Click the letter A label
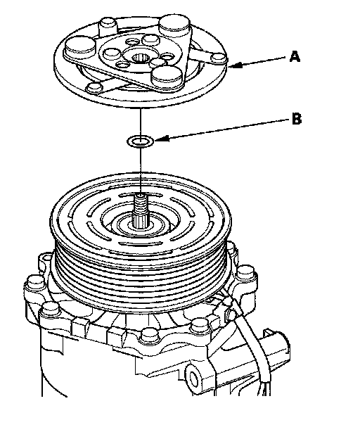[295, 56]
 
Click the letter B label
[297, 118]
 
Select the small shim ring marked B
[141, 141]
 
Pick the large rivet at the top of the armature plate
[174, 25]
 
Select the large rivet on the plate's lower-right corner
[167, 75]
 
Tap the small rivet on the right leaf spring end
[219, 58]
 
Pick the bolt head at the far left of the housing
[34, 284]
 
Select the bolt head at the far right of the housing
[246, 273]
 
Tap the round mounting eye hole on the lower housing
[194, 378]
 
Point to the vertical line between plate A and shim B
[141, 122]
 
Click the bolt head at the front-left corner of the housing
[51, 309]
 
